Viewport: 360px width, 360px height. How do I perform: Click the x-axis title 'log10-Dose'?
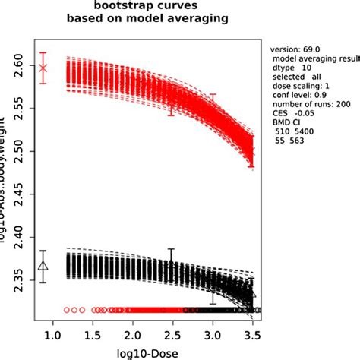(x=154, y=352)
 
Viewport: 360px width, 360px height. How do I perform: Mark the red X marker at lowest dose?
(x=43, y=68)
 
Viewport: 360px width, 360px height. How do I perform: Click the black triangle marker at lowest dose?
(x=43, y=266)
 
